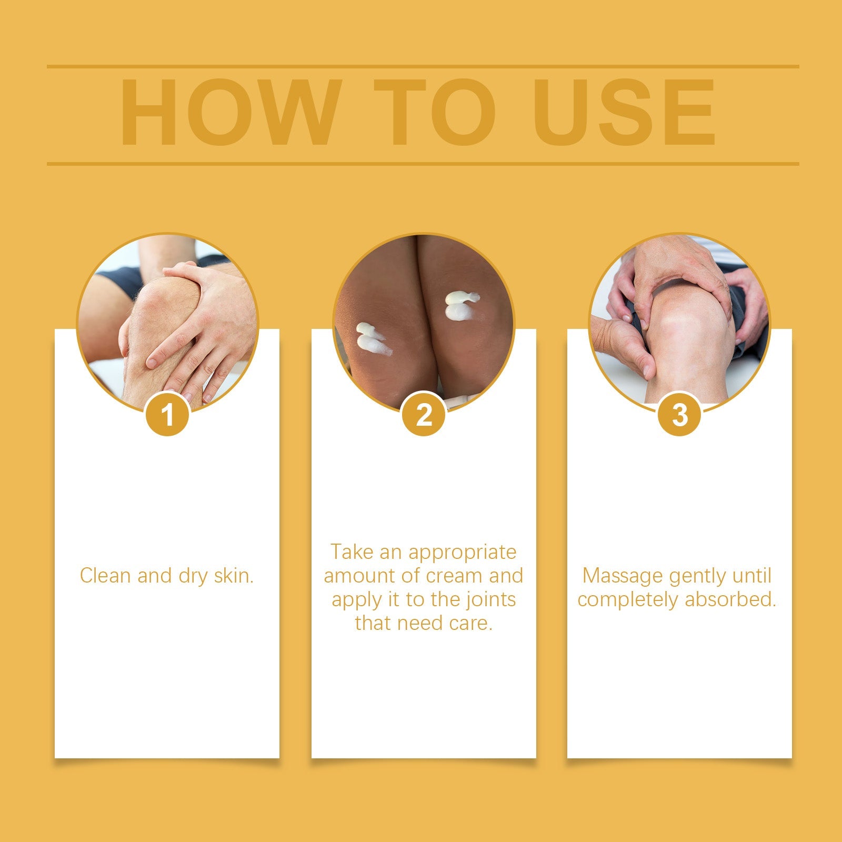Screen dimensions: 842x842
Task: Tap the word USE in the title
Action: pos(624,112)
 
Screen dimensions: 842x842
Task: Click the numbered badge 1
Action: pos(168,415)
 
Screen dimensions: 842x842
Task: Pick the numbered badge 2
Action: pos(424,415)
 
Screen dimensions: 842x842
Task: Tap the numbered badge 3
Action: pos(680,415)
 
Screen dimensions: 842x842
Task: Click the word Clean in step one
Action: pos(106,576)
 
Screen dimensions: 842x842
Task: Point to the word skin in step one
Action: pos(234,576)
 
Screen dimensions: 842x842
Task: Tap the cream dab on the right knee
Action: pos(460,306)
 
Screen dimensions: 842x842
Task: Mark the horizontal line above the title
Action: pos(423,67)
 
